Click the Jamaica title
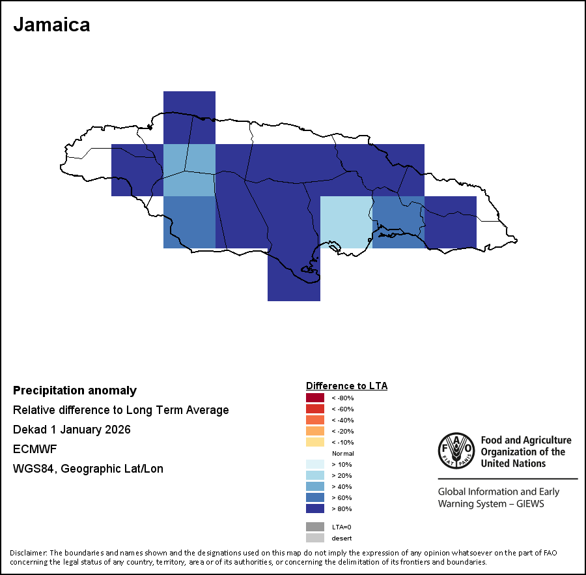[51, 25]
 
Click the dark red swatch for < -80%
[315, 398]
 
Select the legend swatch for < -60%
[315, 409]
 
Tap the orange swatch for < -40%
[315, 420]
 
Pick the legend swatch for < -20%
[315, 431]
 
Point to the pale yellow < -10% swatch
[315, 442]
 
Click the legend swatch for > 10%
[315, 464]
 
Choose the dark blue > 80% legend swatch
[315, 509]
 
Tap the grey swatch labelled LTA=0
[315, 527]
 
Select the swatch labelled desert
[315, 538]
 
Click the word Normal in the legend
[342, 453]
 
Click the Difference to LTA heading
[346, 386]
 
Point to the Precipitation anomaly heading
[75, 391]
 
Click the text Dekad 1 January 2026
[72, 430]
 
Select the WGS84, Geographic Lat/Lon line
[88, 469]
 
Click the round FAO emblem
[456, 450]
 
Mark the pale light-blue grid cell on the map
[346, 222]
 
